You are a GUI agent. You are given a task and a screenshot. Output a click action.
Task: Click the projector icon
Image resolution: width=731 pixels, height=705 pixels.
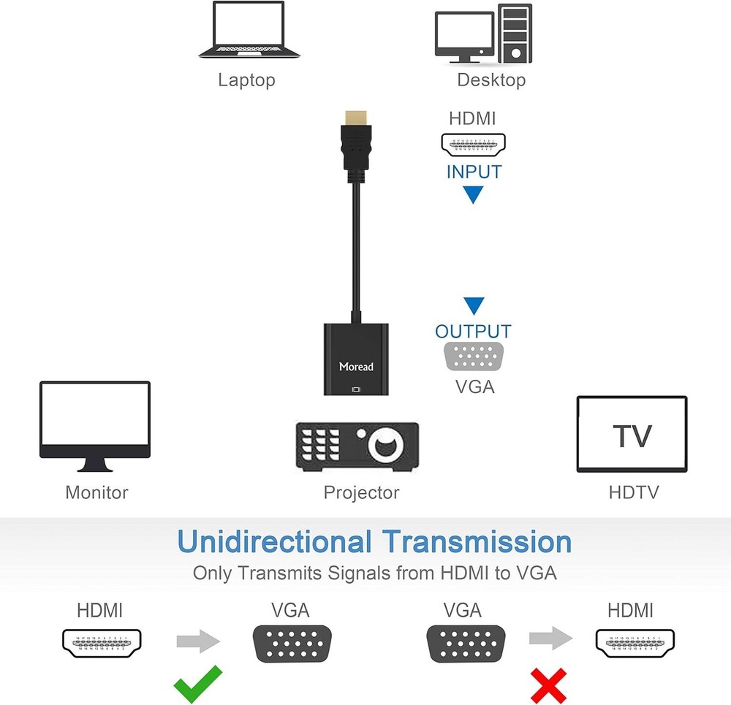click(x=357, y=446)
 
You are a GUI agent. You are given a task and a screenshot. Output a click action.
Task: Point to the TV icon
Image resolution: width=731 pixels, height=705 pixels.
click(x=632, y=435)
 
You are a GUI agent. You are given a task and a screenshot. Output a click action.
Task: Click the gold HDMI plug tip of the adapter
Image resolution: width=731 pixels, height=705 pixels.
click(x=355, y=117)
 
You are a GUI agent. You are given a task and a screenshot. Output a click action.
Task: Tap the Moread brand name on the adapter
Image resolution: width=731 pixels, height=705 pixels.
click(x=356, y=366)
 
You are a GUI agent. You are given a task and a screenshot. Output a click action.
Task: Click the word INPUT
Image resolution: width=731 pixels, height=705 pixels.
click(x=474, y=172)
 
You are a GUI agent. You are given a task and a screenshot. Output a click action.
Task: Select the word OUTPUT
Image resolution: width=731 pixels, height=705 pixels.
click(x=473, y=332)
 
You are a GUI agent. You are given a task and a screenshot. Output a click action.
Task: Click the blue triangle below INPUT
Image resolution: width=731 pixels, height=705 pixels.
click(x=474, y=194)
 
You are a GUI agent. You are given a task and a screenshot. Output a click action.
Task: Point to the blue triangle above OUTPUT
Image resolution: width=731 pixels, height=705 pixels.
click(x=474, y=305)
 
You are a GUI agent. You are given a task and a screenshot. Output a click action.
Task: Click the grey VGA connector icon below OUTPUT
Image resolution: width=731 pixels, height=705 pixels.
click(x=474, y=357)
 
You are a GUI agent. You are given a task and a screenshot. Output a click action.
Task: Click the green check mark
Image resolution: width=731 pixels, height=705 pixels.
click(x=197, y=684)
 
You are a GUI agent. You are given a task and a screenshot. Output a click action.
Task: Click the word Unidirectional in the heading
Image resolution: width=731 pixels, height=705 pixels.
click(x=274, y=543)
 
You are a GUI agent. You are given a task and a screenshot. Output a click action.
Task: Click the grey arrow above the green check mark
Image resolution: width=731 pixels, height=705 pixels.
click(x=197, y=641)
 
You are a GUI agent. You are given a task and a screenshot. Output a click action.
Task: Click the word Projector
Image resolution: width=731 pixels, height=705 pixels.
click(x=361, y=492)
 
